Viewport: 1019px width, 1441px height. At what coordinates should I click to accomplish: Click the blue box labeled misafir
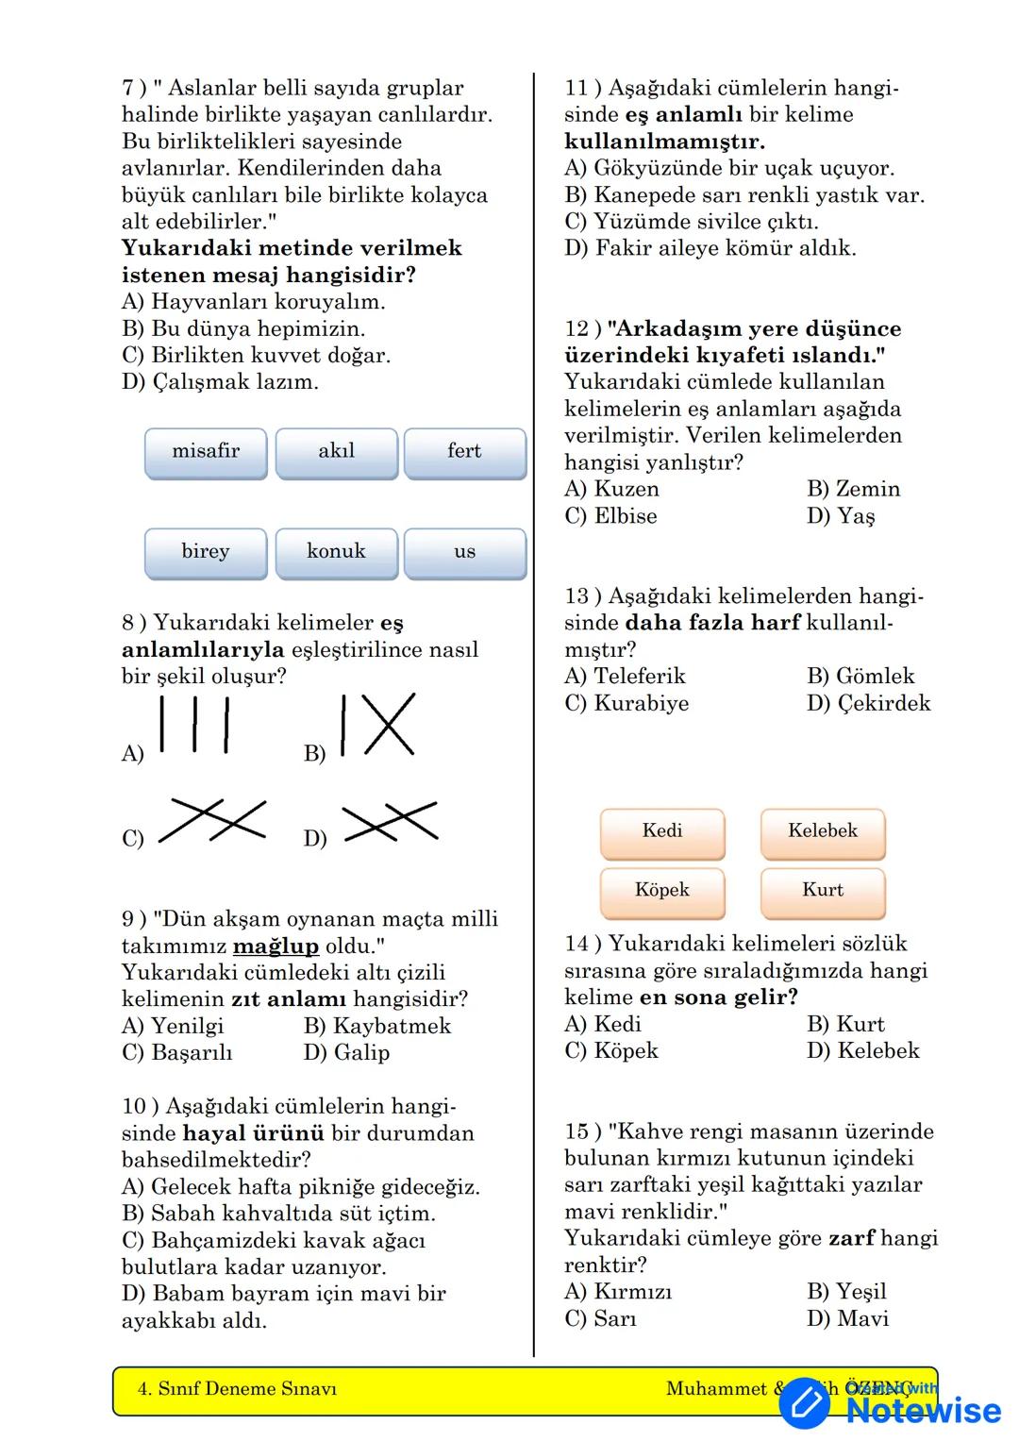(x=206, y=453)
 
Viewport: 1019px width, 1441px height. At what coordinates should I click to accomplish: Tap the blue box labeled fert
(x=464, y=453)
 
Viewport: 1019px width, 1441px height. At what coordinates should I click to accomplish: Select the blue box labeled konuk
(x=336, y=553)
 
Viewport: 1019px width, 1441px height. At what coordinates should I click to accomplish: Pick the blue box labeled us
(x=464, y=553)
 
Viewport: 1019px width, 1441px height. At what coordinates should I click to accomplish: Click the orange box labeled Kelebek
(x=823, y=832)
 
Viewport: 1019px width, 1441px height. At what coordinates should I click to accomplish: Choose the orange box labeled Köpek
(x=662, y=892)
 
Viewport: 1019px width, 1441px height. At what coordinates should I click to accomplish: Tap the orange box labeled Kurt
(x=823, y=892)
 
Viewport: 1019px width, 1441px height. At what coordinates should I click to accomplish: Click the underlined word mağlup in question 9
(x=276, y=947)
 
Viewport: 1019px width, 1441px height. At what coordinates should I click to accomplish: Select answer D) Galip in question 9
(x=346, y=1052)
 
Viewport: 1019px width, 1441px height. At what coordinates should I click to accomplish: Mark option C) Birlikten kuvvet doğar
(x=256, y=356)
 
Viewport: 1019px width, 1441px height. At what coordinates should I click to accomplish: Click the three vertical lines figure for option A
(x=194, y=725)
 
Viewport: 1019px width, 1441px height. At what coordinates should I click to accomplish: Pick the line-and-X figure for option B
(x=378, y=725)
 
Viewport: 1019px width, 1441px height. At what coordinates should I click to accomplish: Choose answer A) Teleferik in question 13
(x=625, y=677)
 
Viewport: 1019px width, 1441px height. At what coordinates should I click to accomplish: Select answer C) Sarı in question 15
(x=600, y=1318)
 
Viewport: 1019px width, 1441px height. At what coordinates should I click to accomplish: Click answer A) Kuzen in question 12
(x=611, y=489)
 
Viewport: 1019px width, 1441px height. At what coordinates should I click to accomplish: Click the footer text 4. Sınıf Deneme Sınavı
(x=237, y=1389)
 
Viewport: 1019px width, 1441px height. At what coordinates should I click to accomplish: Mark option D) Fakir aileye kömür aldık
(x=710, y=248)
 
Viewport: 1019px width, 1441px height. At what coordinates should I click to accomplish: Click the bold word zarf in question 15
(x=851, y=1238)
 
